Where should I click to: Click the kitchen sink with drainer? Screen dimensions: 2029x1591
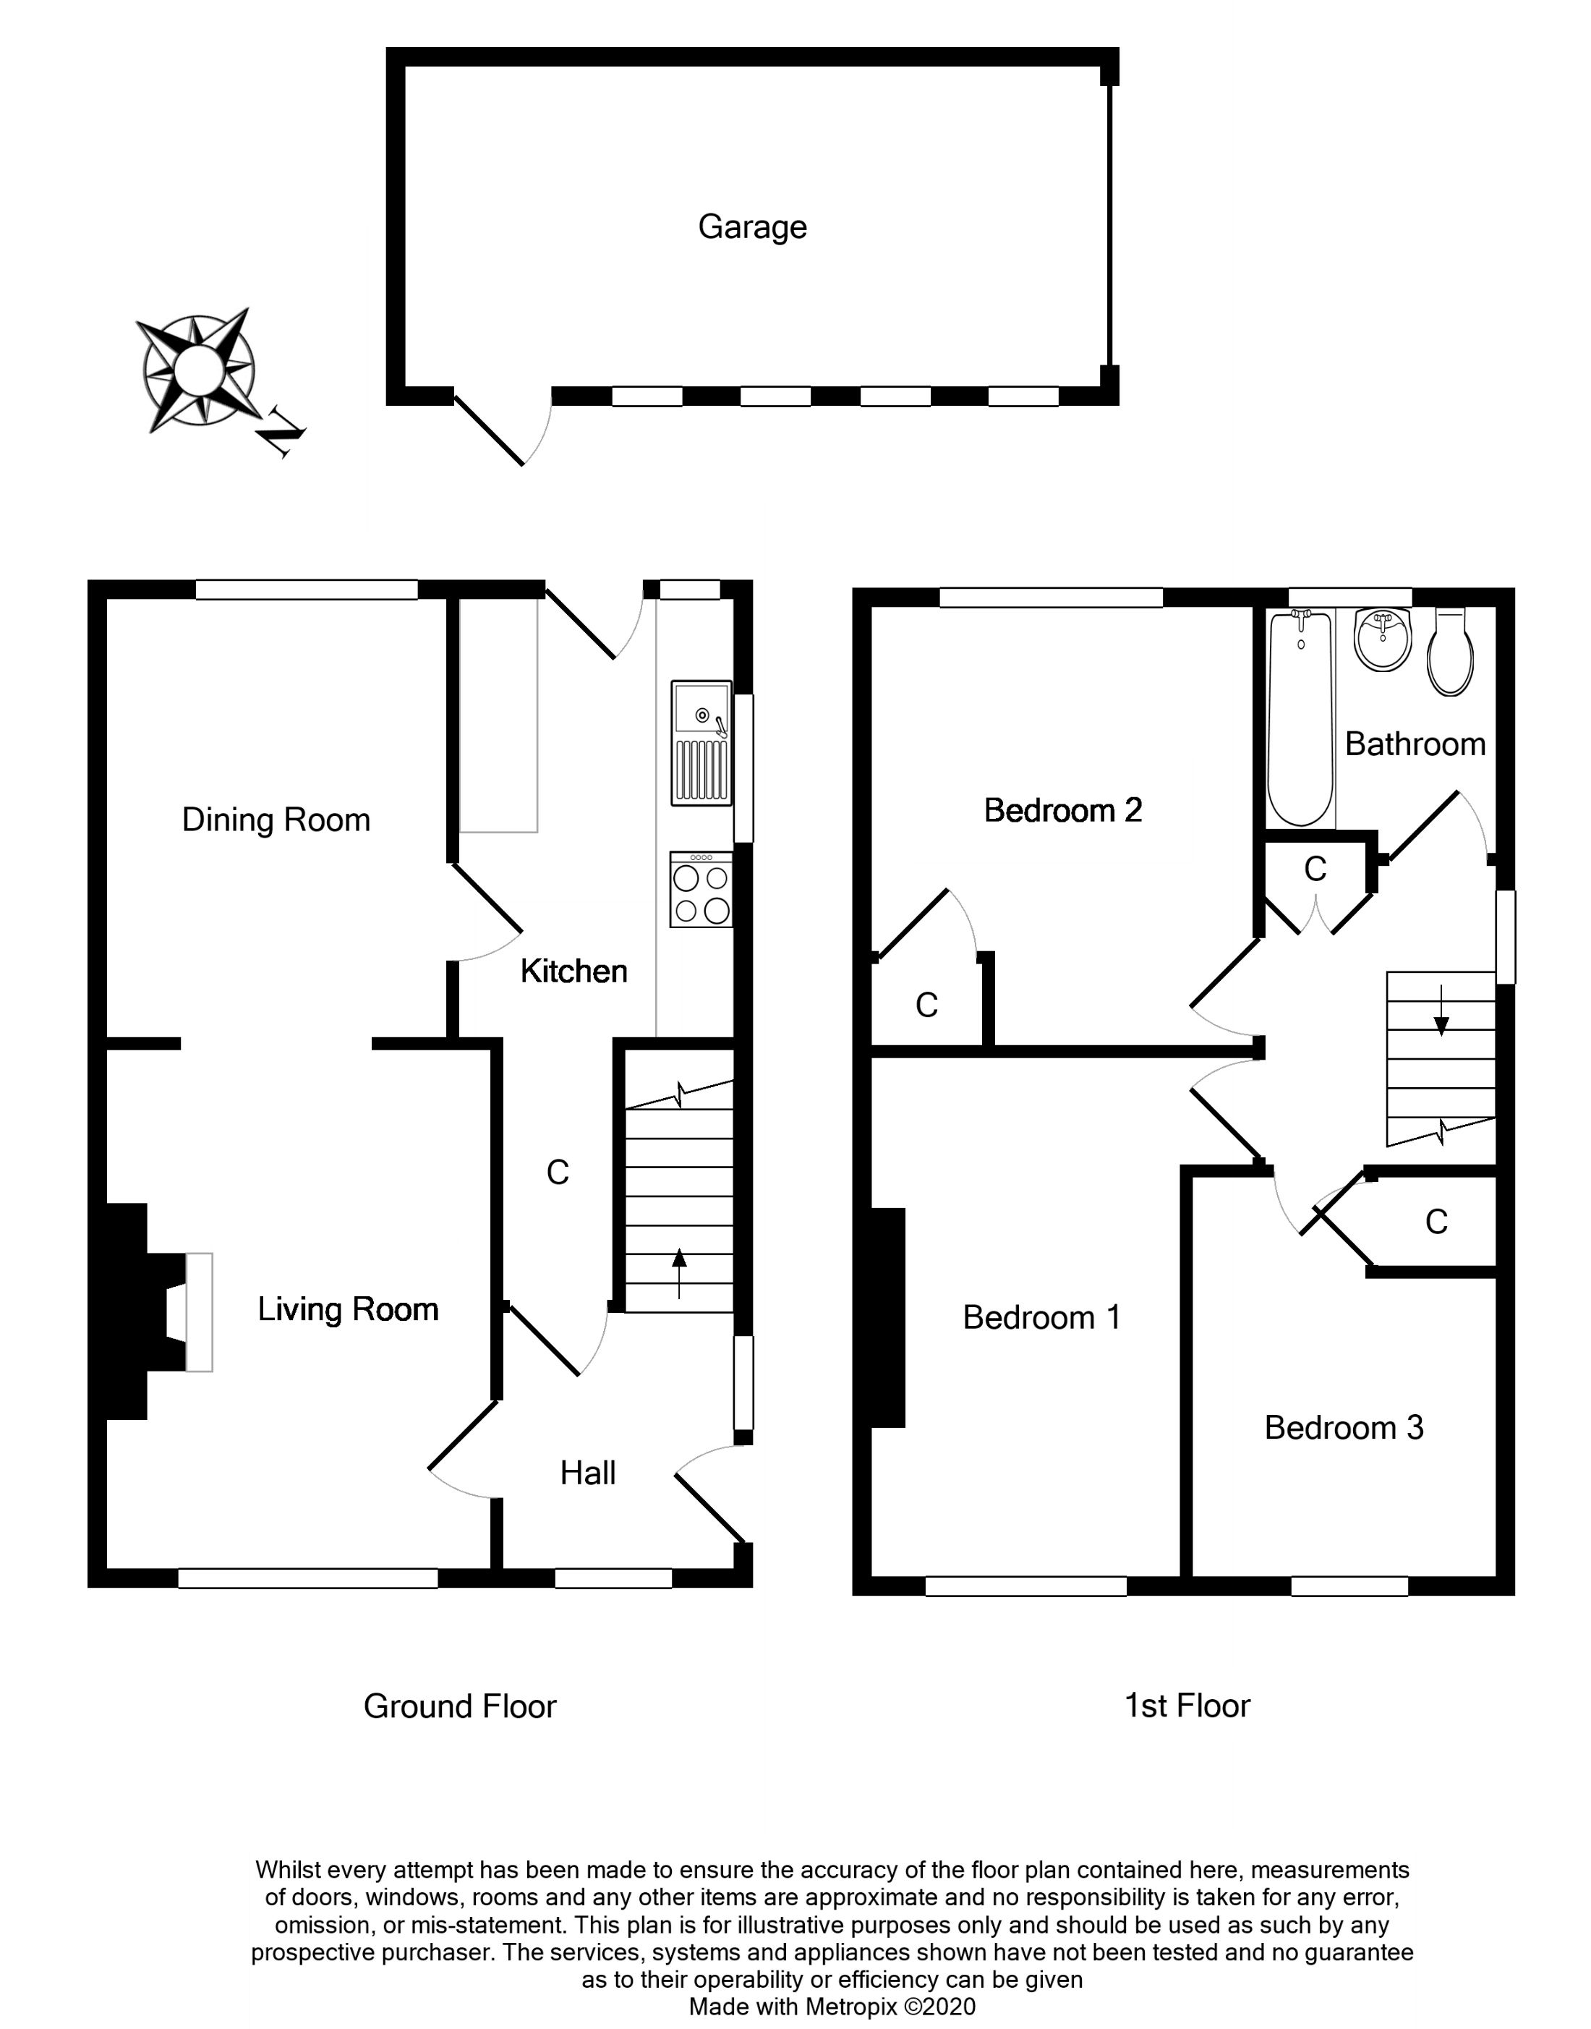click(701, 744)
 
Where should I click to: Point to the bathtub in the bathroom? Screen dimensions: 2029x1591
click(1300, 718)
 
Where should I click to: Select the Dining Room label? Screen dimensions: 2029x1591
click(276, 820)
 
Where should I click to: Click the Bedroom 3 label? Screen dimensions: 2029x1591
click(1343, 1428)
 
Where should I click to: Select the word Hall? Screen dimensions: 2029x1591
click(588, 1473)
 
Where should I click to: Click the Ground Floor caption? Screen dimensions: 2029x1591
click(459, 1706)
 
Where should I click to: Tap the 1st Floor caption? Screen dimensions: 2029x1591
click(1187, 1706)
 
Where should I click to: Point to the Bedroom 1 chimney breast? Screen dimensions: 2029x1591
click(888, 1317)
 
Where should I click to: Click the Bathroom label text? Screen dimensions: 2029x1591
click(1415, 744)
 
